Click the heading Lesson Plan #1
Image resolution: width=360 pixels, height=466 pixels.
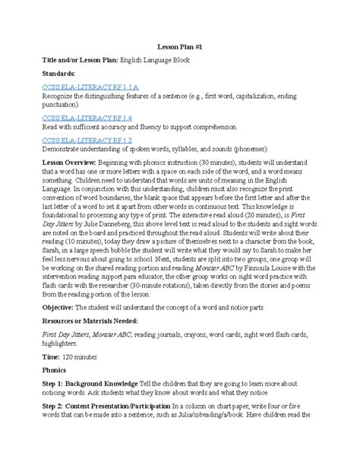[x=180, y=45]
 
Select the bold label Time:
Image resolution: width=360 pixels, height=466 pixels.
[x=52, y=378]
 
